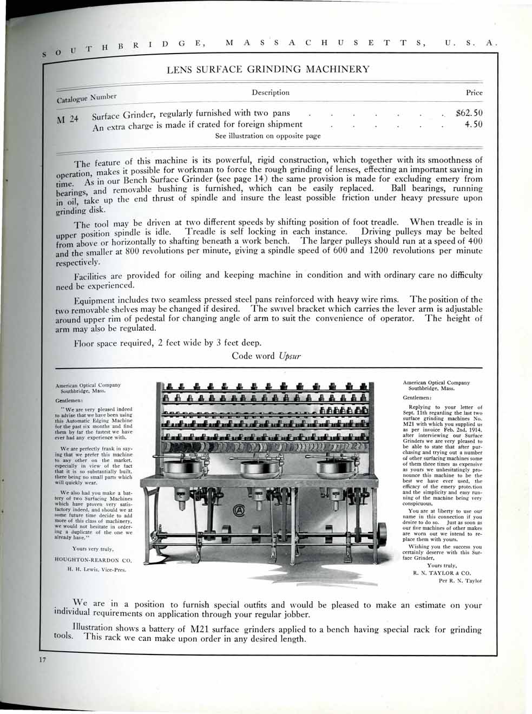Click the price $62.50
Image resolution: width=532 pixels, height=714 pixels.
coord(469,114)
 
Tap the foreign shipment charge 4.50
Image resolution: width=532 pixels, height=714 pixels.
coord(474,125)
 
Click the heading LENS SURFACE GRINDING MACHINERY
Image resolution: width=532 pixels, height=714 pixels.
coord(268,69)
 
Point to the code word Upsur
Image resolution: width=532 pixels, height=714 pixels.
coord(288,356)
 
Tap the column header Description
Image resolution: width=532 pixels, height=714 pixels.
coord(271,93)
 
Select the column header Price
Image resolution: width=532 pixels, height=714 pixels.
coord(474,93)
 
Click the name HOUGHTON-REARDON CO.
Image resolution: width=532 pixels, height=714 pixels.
coord(94,560)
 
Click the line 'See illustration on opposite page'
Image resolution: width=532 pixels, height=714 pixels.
coord(268,136)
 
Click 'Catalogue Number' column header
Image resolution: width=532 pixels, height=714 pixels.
coord(87,98)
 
